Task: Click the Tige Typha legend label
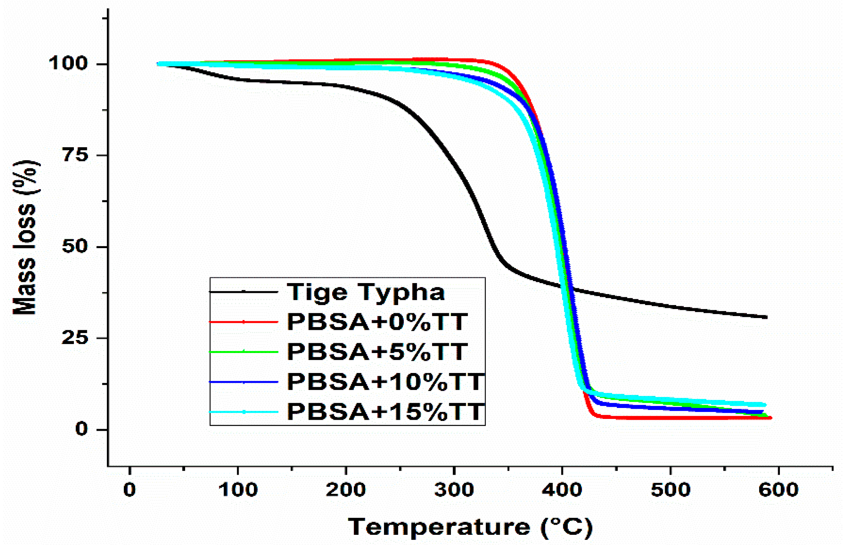366,292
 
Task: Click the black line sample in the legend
244,292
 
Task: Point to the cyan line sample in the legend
244,412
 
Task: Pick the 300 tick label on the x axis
454,490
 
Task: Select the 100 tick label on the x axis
238,490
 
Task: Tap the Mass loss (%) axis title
25,237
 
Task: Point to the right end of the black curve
766,317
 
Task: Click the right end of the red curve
770,418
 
